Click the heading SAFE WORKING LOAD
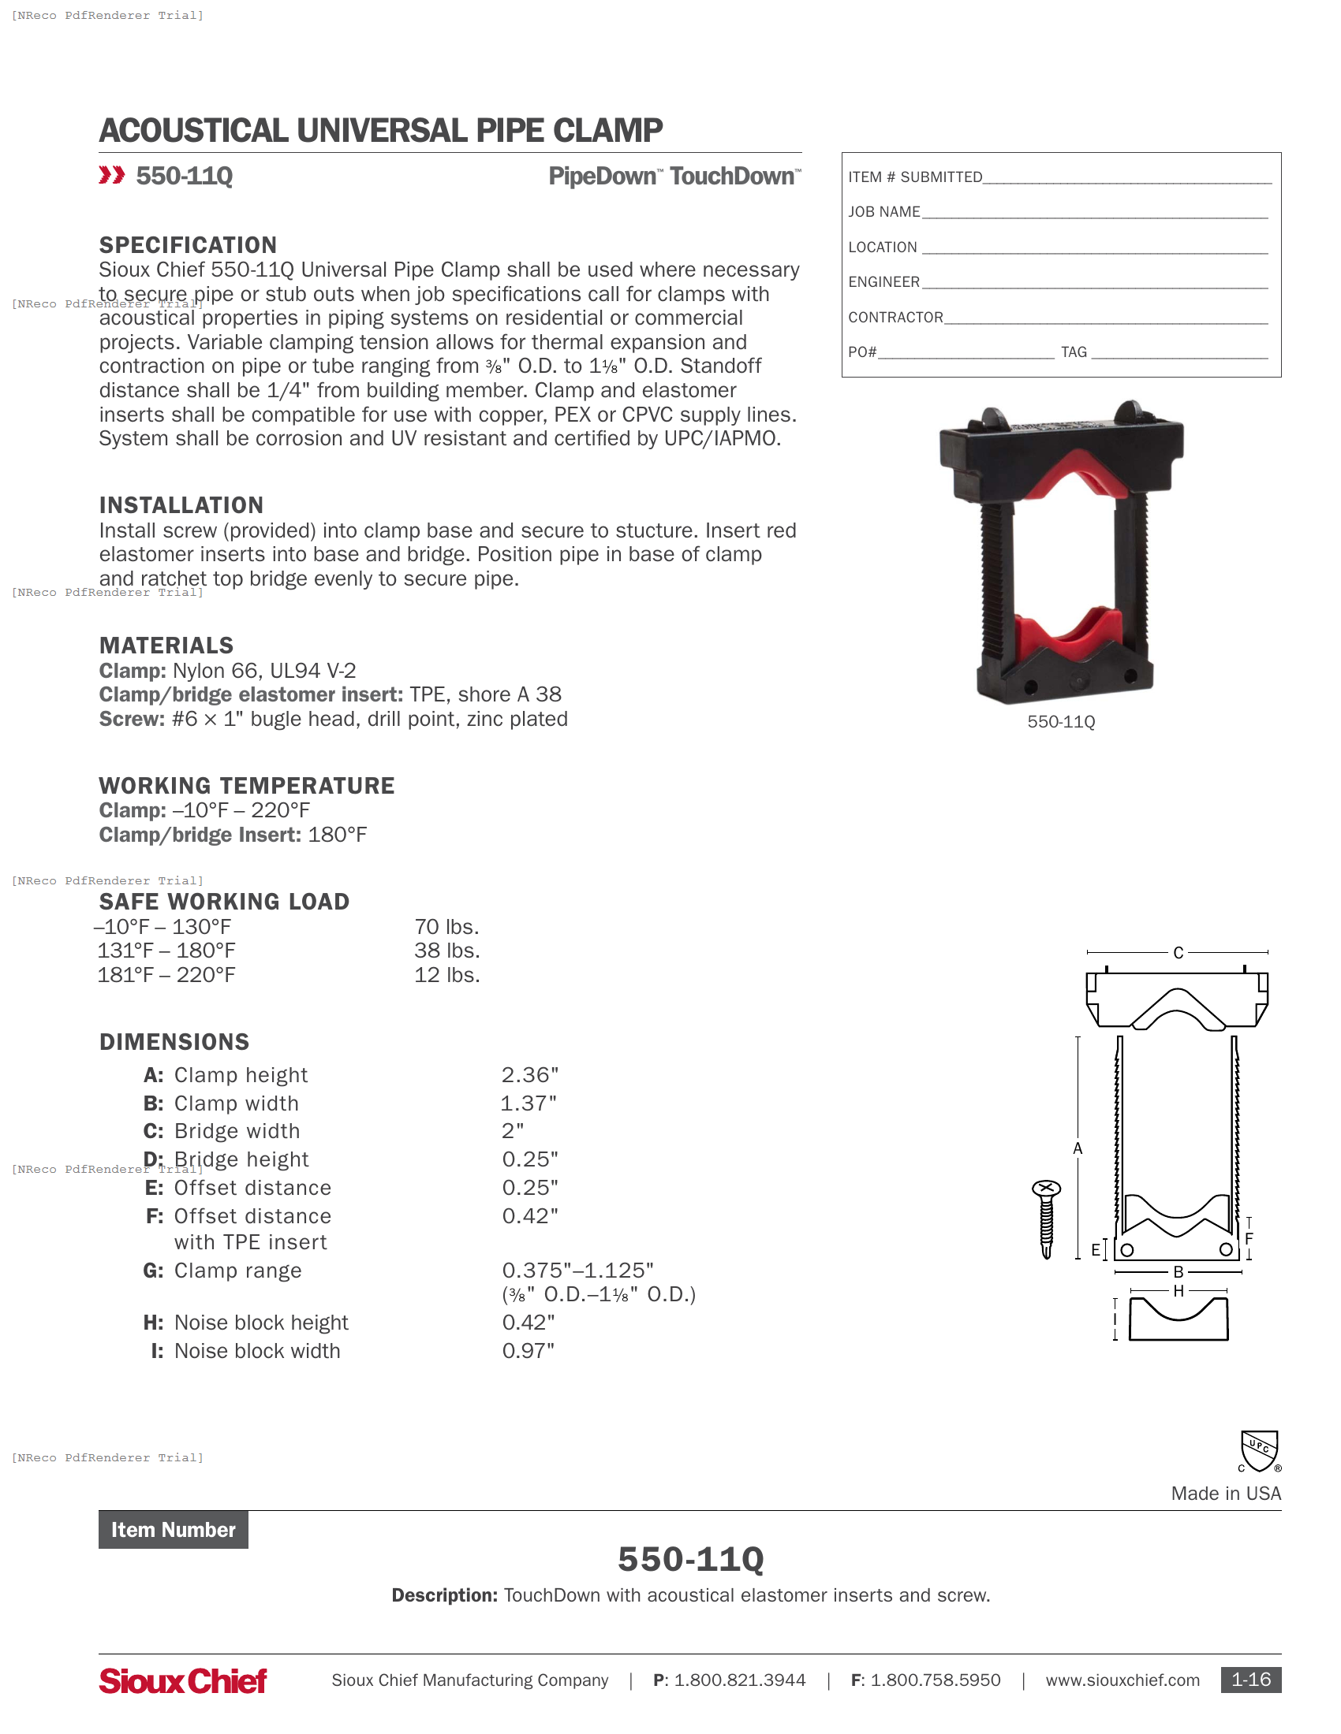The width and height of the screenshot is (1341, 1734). pos(224,901)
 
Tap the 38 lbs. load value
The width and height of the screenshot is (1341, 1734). pos(446,951)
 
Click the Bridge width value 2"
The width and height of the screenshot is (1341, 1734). pos(513,1130)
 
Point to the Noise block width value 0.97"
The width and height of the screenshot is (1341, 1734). pos(528,1350)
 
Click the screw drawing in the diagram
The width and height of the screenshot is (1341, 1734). pos(1046,1218)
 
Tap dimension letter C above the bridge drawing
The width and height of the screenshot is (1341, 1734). pos(1179,952)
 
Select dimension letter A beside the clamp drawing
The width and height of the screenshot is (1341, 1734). pos(1078,1148)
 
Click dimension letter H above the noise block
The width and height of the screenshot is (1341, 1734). pos(1179,1291)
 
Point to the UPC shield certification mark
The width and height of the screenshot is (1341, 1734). pos(1259,1451)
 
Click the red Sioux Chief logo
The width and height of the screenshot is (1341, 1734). pos(183,1680)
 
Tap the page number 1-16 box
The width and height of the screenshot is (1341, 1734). pos(1250,1680)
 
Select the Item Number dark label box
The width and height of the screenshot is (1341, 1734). pos(174,1530)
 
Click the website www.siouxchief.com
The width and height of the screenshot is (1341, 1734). pos(1122,1680)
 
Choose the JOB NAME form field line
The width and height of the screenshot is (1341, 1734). pos(1095,213)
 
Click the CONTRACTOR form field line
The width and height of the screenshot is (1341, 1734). pos(1106,318)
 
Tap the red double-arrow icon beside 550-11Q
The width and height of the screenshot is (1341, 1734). pos(112,175)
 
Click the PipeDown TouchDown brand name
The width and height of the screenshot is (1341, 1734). pos(674,177)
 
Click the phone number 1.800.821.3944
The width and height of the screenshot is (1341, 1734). pos(739,1680)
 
